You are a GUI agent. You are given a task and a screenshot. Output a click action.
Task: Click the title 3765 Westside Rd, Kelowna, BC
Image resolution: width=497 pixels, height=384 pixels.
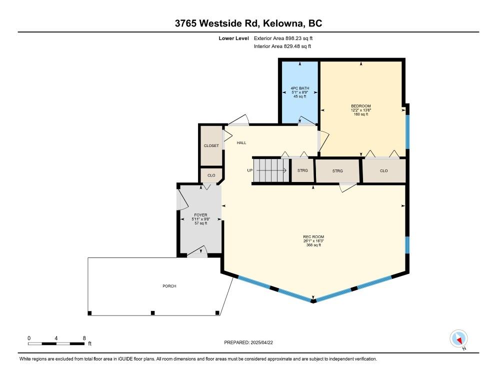[x=248, y=23]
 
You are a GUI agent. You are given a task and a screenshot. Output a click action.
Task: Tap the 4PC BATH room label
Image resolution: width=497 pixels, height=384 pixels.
[x=299, y=88]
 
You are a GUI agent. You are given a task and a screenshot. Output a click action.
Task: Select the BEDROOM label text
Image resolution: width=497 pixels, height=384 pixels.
[x=360, y=106]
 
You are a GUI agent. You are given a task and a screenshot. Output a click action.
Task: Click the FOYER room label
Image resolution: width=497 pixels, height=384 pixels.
[x=200, y=215]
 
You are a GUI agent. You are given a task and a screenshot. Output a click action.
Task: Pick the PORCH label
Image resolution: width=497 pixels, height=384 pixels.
[x=169, y=286]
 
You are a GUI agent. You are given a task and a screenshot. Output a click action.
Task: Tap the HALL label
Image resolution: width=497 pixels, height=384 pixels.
[x=241, y=143]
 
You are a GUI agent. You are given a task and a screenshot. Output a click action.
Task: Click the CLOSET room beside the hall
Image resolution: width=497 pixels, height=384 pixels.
[x=211, y=145]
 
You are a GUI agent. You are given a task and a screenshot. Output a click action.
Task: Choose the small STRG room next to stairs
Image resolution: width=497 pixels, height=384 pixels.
[x=302, y=170]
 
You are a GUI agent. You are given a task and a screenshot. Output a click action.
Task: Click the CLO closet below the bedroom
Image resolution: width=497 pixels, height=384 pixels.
[x=383, y=170]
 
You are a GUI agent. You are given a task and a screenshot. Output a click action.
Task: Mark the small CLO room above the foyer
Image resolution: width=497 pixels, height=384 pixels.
[x=211, y=175]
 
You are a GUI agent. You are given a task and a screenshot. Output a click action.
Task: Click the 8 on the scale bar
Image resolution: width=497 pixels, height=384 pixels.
[x=84, y=338]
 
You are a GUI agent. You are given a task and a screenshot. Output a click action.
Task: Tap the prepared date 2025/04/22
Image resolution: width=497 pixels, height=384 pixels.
[x=248, y=342]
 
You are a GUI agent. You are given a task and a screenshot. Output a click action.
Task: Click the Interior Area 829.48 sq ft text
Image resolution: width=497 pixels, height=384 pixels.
[x=282, y=46]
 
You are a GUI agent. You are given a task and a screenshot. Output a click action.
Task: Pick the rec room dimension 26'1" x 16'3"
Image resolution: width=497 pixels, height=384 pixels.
[x=313, y=241]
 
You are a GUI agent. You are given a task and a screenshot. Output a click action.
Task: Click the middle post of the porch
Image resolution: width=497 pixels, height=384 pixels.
[x=153, y=313]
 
